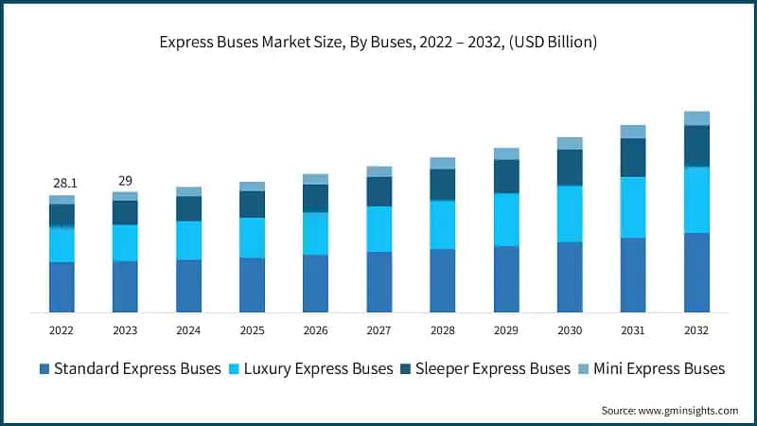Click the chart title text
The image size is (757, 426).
pos(378,42)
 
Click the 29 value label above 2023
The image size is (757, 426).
pos(125,180)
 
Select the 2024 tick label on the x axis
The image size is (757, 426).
pos(188,330)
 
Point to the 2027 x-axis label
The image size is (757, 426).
pos(378,330)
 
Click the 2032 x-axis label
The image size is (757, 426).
pos(696,330)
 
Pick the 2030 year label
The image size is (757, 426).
pos(570,330)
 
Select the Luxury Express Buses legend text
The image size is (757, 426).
pos(318,368)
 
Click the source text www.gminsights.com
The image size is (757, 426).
pos(670,410)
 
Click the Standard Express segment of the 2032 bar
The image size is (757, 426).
pos(696,273)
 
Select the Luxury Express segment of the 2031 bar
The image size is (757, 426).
pos(633,207)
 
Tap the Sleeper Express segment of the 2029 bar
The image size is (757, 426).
pos(506,176)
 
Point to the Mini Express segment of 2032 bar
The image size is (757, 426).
pos(696,118)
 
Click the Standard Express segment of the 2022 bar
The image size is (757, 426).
pos(62,287)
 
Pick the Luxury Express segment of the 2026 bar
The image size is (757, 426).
pos(315,233)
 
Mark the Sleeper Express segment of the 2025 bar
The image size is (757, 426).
pos(252,204)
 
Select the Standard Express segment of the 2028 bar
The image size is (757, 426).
pos(443,280)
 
